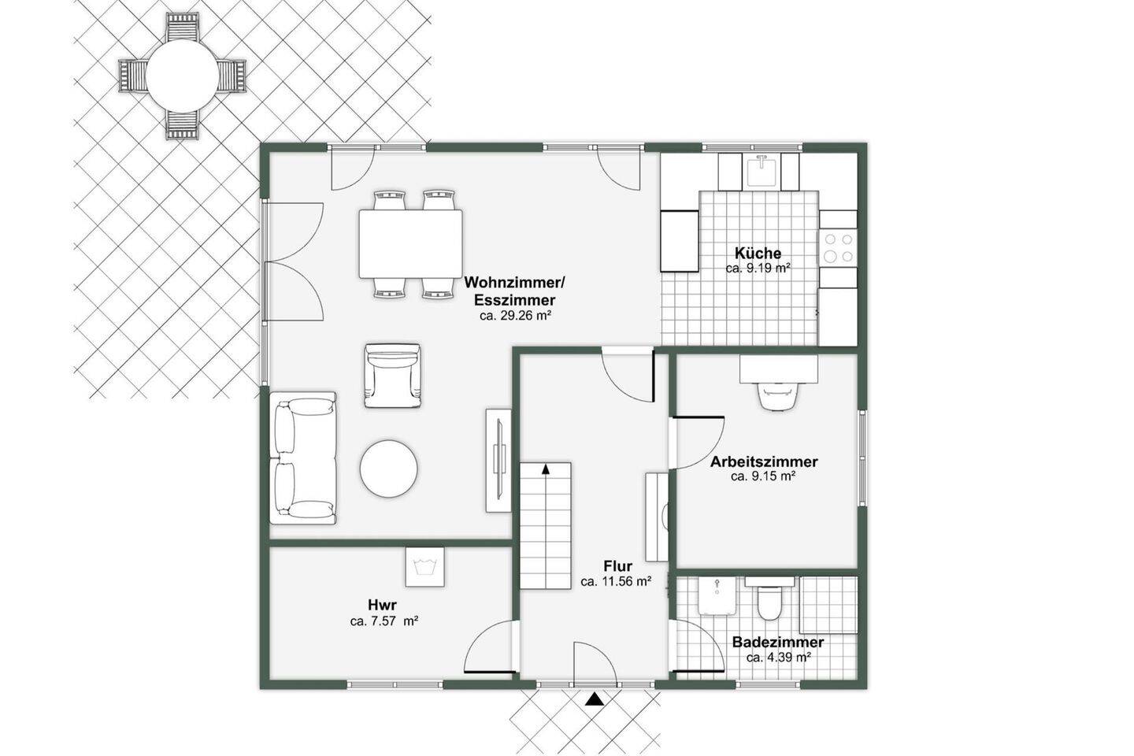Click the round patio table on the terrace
[x=182, y=76]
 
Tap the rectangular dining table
[x=410, y=243]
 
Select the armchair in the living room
[x=393, y=375]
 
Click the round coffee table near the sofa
[x=389, y=469]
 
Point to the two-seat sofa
[x=302, y=458]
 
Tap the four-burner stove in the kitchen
[x=839, y=247]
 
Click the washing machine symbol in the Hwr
[x=424, y=567]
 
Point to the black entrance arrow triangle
[x=595, y=699]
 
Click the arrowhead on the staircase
[x=546, y=469]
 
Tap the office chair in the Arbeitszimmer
[x=779, y=395]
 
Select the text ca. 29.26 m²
[x=515, y=316]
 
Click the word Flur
[x=617, y=565]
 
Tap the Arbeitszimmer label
[x=763, y=461]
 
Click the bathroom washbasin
[x=717, y=596]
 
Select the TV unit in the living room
[x=499, y=460]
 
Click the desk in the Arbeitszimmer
[x=779, y=369]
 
